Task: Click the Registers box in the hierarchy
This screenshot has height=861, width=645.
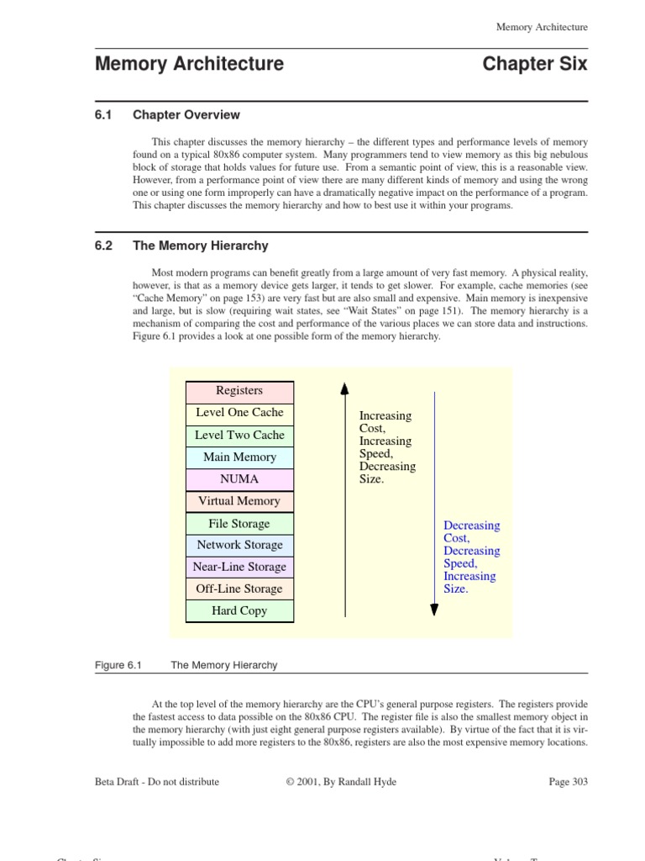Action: coord(239,391)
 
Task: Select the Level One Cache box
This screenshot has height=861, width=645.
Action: coord(239,413)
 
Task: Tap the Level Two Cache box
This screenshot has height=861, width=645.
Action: coord(239,436)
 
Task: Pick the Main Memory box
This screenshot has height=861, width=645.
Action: coord(239,457)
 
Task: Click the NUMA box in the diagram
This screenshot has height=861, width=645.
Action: coord(239,479)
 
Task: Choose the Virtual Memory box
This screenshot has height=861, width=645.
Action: coord(239,501)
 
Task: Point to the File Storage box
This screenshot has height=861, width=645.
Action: coord(239,524)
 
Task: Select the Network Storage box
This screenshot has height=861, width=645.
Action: coord(239,545)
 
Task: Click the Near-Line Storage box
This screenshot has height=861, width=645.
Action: coord(239,567)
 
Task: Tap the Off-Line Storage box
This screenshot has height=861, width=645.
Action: coord(239,589)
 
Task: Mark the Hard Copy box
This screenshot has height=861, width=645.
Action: coord(239,610)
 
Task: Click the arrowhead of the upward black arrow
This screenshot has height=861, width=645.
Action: coord(344,388)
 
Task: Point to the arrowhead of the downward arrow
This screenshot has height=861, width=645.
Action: coord(433,609)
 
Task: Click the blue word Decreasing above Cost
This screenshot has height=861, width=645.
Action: coord(471,526)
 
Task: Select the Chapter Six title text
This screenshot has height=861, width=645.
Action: coord(535,64)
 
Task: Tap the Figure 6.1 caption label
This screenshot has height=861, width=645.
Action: coord(119,665)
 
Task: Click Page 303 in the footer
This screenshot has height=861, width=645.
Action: coord(568,781)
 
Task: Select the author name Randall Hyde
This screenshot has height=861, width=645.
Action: coord(366,781)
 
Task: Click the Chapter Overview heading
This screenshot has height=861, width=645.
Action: coord(186,115)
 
